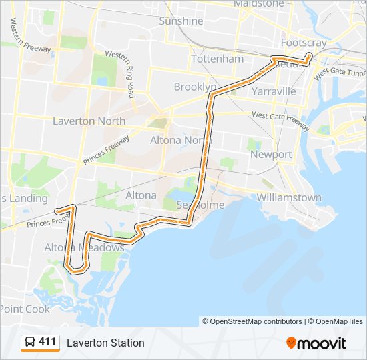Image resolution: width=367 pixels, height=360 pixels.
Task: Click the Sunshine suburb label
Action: [181, 21]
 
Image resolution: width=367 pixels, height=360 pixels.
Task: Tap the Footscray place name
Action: [304, 42]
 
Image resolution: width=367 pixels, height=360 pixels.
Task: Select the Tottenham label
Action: [217, 59]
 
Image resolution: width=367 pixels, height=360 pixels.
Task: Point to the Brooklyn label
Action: [195, 87]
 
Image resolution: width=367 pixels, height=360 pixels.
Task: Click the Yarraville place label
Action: [274, 91]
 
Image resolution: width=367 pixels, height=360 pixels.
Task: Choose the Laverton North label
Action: [89, 121]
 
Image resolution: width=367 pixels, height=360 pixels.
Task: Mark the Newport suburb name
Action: [271, 155]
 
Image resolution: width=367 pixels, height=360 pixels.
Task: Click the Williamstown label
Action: [289, 198]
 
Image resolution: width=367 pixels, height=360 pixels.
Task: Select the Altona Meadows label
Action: [84, 248]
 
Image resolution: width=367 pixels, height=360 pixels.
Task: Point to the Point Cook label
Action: [25, 309]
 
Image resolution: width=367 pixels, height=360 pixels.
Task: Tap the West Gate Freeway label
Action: [281, 120]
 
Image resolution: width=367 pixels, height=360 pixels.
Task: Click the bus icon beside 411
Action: [30, 343]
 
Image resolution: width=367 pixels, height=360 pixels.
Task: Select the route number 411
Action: [47, 343]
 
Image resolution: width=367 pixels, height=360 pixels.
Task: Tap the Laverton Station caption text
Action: [105, 343]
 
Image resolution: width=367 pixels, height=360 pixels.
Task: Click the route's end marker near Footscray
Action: [309, 56]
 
